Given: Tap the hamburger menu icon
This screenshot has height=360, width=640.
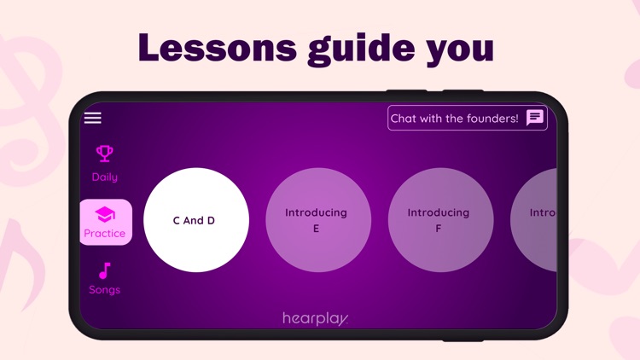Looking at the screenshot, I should click(x=92, y=119).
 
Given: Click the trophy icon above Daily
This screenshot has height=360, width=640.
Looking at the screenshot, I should click(x=105, y=154).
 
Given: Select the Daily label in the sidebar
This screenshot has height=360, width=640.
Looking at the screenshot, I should click(x=105, y=177).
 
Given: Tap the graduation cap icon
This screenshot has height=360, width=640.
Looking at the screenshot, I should click(x=105, y=214).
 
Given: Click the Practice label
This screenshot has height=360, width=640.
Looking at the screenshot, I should click(x=105, y=234).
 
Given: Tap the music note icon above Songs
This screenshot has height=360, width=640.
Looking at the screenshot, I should click(x=105, y=271).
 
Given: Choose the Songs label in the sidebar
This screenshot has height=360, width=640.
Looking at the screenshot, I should click(x=105, y=290).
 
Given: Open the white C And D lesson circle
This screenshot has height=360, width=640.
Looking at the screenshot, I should click(x=196, y=220).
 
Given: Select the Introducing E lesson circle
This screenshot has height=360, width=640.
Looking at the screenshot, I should click(x=317, y=220).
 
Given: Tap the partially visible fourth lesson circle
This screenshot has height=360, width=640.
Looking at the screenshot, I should click(x=536, y=220).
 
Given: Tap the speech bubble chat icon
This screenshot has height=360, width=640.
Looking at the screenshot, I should click(x=535, y=118).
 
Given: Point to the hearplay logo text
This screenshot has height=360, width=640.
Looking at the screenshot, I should click(x=316, y=318).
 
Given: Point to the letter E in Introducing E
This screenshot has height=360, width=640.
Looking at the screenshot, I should click(x=316, y=229).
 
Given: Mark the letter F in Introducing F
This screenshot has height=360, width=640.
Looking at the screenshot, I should click(x=439, y=229).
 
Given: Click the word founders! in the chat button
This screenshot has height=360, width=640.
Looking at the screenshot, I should click(x=491, y=119).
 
